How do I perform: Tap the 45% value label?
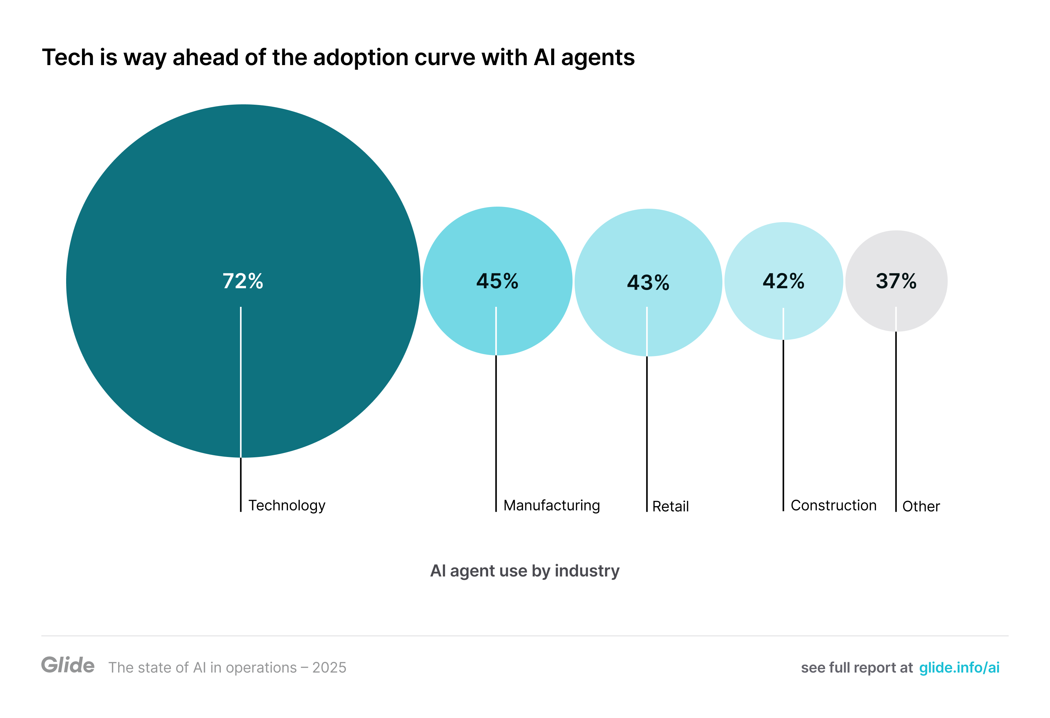click(497, 281)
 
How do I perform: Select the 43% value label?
click(648, 283)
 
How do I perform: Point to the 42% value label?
click(783, 281)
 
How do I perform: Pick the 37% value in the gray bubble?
click(896, 281)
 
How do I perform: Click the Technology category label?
click(287, 505)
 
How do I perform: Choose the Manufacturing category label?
click(551, 505)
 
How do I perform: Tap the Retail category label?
click(670, 506)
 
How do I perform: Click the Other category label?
click(921, 506)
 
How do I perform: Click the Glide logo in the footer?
click(68, 665)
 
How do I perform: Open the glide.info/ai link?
click(959, 667)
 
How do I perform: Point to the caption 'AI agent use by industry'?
click(525, 571)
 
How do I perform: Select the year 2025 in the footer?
click(329, 667)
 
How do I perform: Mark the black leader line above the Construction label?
click(783, 425)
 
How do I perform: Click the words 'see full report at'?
click(857, 667)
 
